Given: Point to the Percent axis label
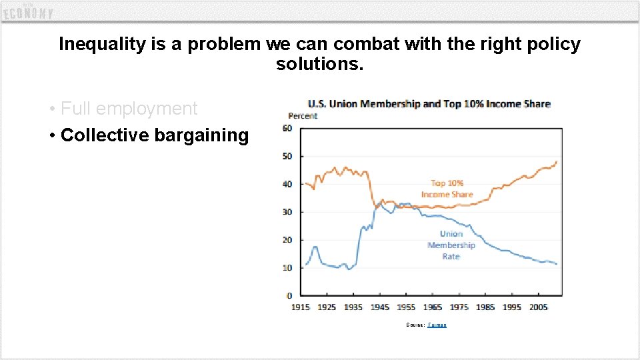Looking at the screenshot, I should pos(303,116).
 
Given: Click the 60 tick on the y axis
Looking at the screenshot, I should pos(287,129).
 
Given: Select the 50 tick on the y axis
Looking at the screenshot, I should pos(287,156).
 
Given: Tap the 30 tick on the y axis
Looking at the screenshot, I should pos(287,212).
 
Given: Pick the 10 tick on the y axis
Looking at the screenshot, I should pos(287,268).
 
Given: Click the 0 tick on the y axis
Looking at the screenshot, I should pos(289,296).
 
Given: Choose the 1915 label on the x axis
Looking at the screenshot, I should pos(300,307).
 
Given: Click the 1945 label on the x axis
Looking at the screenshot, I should pos(379,307).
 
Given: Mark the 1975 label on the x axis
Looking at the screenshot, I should pos(459,307).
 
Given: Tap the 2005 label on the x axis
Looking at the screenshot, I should pos(538,307).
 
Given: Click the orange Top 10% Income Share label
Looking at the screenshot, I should pos(447,189).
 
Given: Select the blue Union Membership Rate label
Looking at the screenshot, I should pos(451,245).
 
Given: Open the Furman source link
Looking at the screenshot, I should pos(437,325).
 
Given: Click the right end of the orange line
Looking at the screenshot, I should pos(556,162).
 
